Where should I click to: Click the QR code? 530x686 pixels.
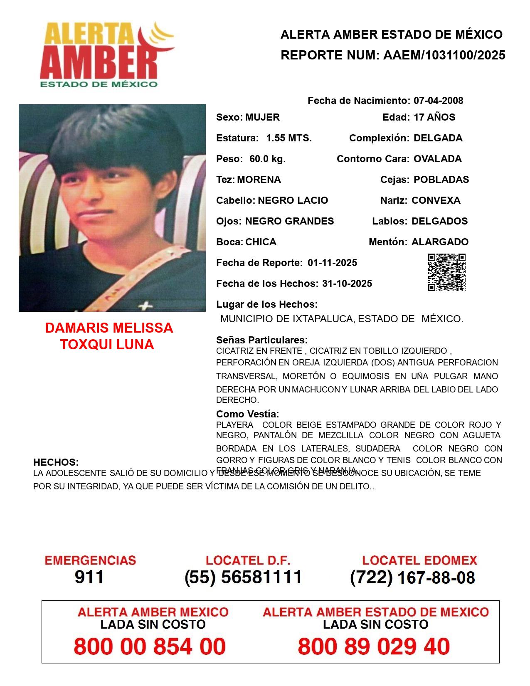tap(447, 272)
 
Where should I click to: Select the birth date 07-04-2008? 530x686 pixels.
tap(438, 101)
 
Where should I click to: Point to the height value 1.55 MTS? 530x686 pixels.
tap(289, 138)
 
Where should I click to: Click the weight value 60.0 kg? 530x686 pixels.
tap(267, 159)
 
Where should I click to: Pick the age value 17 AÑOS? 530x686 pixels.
tap(434, 117)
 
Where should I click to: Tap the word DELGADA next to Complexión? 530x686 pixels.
tap(438, 138)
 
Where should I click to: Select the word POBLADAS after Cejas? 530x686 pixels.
tap(441, 180)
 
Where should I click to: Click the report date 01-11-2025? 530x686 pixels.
tap(332, 263)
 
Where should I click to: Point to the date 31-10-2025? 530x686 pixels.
tap(347, 284)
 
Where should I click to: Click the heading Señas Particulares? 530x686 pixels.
tap(262, 340)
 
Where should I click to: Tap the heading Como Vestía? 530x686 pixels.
tap(247, 414)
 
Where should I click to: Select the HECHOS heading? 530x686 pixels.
tap(56, 462)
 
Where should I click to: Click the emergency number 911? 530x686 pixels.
tap(89, 577)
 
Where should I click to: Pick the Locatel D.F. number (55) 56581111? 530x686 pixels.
tap(244, 577)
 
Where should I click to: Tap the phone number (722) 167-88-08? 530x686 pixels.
tap(412, 577)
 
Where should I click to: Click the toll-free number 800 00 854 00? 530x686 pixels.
tap(150, 647)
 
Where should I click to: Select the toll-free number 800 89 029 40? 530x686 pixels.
tap(374, 647)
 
